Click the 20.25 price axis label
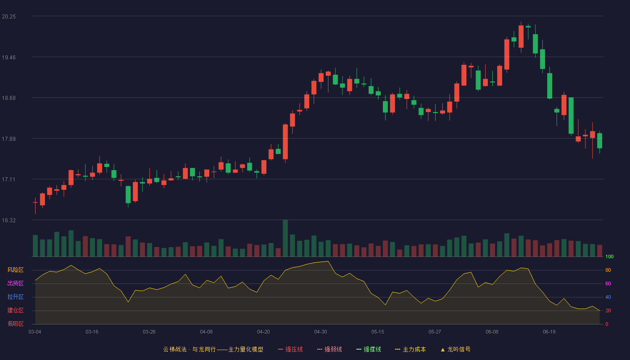coord(9,17)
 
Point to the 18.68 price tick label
coord(9,98)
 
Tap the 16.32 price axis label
coord(9,220)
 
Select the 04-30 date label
coord(320,332)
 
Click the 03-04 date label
coord(35,332)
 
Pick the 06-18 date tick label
coord(549,332)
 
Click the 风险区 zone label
coord(15,270)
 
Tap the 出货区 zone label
coord(15,283)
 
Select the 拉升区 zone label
coord(15,297)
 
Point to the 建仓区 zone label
coord(15,310)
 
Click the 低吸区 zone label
coord(15,324)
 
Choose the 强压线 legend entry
coord(290,349)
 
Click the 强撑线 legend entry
coord(369,349)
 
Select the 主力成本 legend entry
coord(410,349)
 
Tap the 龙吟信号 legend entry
coord(455,349)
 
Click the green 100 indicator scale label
coord(609,256)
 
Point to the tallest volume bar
coord(285,238)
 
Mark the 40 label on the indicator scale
coord(608,297)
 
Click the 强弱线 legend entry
coord(329,349)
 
